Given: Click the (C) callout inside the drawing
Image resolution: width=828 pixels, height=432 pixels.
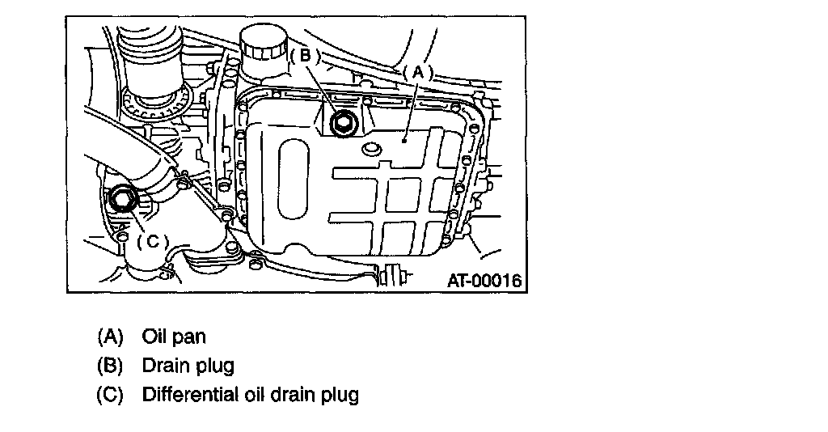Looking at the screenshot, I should coord(152,241).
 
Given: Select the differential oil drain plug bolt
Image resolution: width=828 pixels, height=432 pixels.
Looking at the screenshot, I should coord(124,198).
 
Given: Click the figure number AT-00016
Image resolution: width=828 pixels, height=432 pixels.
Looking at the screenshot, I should coord(484,281).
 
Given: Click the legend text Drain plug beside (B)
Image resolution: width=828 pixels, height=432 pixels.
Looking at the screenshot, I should coord(188,366).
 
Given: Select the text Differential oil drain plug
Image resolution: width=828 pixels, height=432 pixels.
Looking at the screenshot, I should coord(250,396).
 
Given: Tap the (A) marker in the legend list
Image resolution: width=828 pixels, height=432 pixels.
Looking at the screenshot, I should coord(109,336).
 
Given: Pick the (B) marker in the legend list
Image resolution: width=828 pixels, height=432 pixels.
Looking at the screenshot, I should coord(109,366).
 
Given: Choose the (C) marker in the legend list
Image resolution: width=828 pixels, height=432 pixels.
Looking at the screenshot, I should coord(109,396).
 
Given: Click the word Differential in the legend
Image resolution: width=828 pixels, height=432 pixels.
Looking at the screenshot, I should coord(188,396).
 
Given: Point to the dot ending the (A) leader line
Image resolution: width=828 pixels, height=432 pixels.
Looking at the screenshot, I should coord(402,139).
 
